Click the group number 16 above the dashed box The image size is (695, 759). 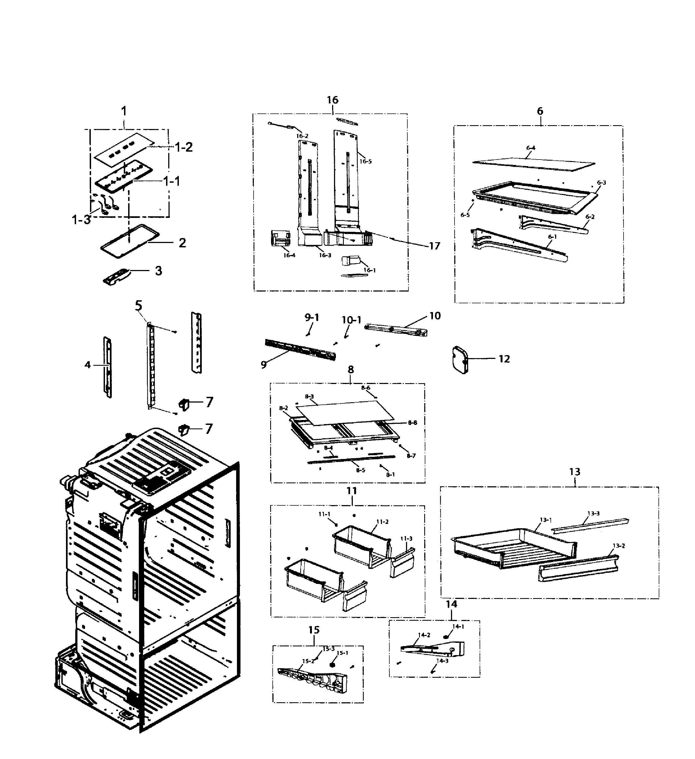[332, 100]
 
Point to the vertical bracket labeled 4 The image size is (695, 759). [108, 367]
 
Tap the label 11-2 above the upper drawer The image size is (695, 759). [382, 522]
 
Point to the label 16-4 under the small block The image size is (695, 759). [289, 255]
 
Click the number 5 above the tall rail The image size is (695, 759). [139, 306]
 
